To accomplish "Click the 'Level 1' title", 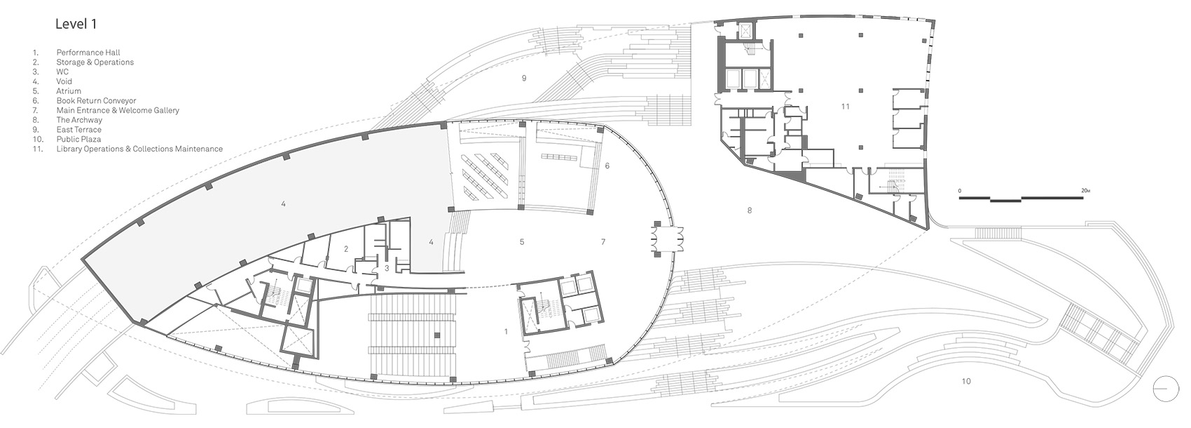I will pyautogui.click(x=76, y=24).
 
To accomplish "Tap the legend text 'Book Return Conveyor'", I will pyautogui.click(x=96, y=101).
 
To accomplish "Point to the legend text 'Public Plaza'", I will pyautogui.click(x=78, y=140).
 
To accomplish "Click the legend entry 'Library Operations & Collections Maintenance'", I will pyautogui.click(x=139, y=149).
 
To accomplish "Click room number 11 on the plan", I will pyautogui.click(x=846, y=107).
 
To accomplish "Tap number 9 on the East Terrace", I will pyautogui.click(x=524, y=79).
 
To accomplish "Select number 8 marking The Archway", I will pyautogui.click(x=749, y=210).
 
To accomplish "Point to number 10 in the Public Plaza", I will pyautogui.click(x=966, y=382).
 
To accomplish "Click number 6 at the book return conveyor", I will pyautogui.click(x=607, y=166).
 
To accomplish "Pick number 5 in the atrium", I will pyautogui.click(x=522, y=242).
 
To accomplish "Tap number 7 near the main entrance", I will pyautogui.click(x=603, y=242).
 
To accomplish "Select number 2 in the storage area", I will pyautogui.click(x=346, y=249).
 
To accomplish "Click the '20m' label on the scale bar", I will pyautogui.click(x=1085, y=191).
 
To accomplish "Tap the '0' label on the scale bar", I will pyautogui.click(x=960, y=191).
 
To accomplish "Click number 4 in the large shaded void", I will pyautogui.click(x=283, y=204).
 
